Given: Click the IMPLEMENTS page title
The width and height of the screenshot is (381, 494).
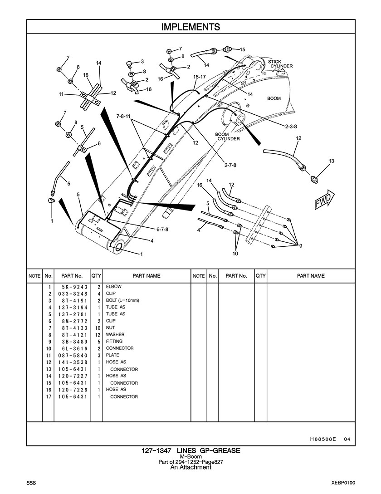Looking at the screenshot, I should pos(190,27).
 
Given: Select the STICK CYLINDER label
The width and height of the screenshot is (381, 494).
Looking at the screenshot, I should pos(281,64).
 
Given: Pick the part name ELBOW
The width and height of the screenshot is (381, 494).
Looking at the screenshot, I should pos(113,287).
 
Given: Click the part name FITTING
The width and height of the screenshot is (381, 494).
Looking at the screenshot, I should pos(114,342).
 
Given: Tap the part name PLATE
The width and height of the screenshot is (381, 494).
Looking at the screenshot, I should pos(112,355).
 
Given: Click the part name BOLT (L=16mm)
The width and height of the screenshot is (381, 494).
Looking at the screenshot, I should pos(122,300).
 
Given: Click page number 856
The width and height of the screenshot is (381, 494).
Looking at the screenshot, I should pos(31,482).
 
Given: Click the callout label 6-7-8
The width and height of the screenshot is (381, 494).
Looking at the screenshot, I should pos(162,229).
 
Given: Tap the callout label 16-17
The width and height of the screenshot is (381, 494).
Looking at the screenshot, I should pos(200,77).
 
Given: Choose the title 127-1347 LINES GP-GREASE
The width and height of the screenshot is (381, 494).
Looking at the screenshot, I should pos(190,450).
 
